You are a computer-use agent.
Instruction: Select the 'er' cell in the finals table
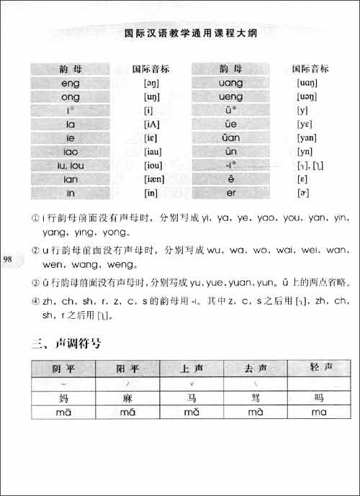pyautogui.click(x=229, y=193)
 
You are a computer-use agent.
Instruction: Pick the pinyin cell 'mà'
pyautogui.click(x=256, y=412)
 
